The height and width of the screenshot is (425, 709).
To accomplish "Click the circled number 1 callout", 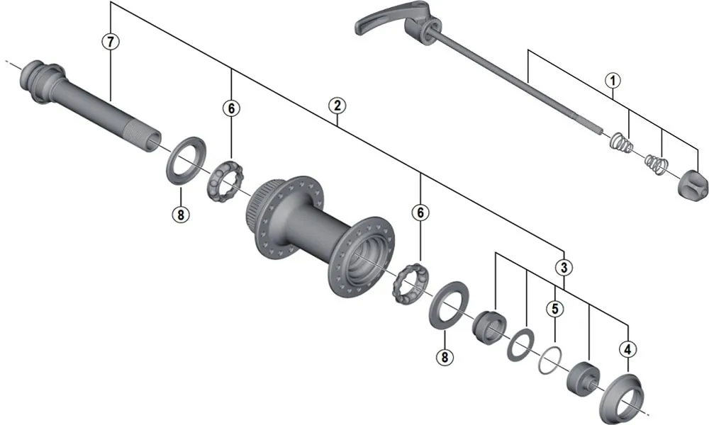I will tap(612, 81).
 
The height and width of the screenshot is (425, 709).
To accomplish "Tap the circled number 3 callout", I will tap(563, 268).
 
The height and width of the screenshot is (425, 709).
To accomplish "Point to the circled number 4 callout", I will tap(627, 348).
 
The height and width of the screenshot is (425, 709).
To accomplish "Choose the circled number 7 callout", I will tap(109, 41).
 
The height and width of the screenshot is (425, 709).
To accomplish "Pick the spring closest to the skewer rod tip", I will tap(621, 142).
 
